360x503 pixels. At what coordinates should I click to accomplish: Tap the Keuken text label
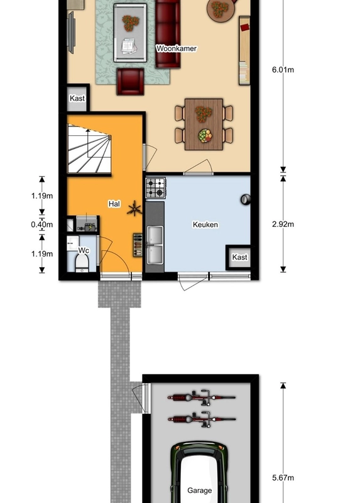[205, 224]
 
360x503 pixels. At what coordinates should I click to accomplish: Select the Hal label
[114, 204]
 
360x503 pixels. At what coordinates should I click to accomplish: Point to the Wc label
[82, 251]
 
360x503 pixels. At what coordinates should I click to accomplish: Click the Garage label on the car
[199, 490]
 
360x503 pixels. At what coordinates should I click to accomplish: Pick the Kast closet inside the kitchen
[239, 257]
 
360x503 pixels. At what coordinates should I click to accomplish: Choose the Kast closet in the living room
[77, 99]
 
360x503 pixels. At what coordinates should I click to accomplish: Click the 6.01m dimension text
[283, 70]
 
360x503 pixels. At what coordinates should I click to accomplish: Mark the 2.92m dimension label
[283, 224]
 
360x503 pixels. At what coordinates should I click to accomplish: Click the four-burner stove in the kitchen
[156, 188]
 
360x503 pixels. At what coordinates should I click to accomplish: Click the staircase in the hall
[89, 149]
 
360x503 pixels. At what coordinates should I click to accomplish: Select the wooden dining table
[204, 124]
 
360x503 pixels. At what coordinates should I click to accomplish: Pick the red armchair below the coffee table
[130, 81]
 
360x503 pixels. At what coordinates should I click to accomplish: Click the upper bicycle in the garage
[201, 398]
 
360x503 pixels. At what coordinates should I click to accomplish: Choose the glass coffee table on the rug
[130, 33]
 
